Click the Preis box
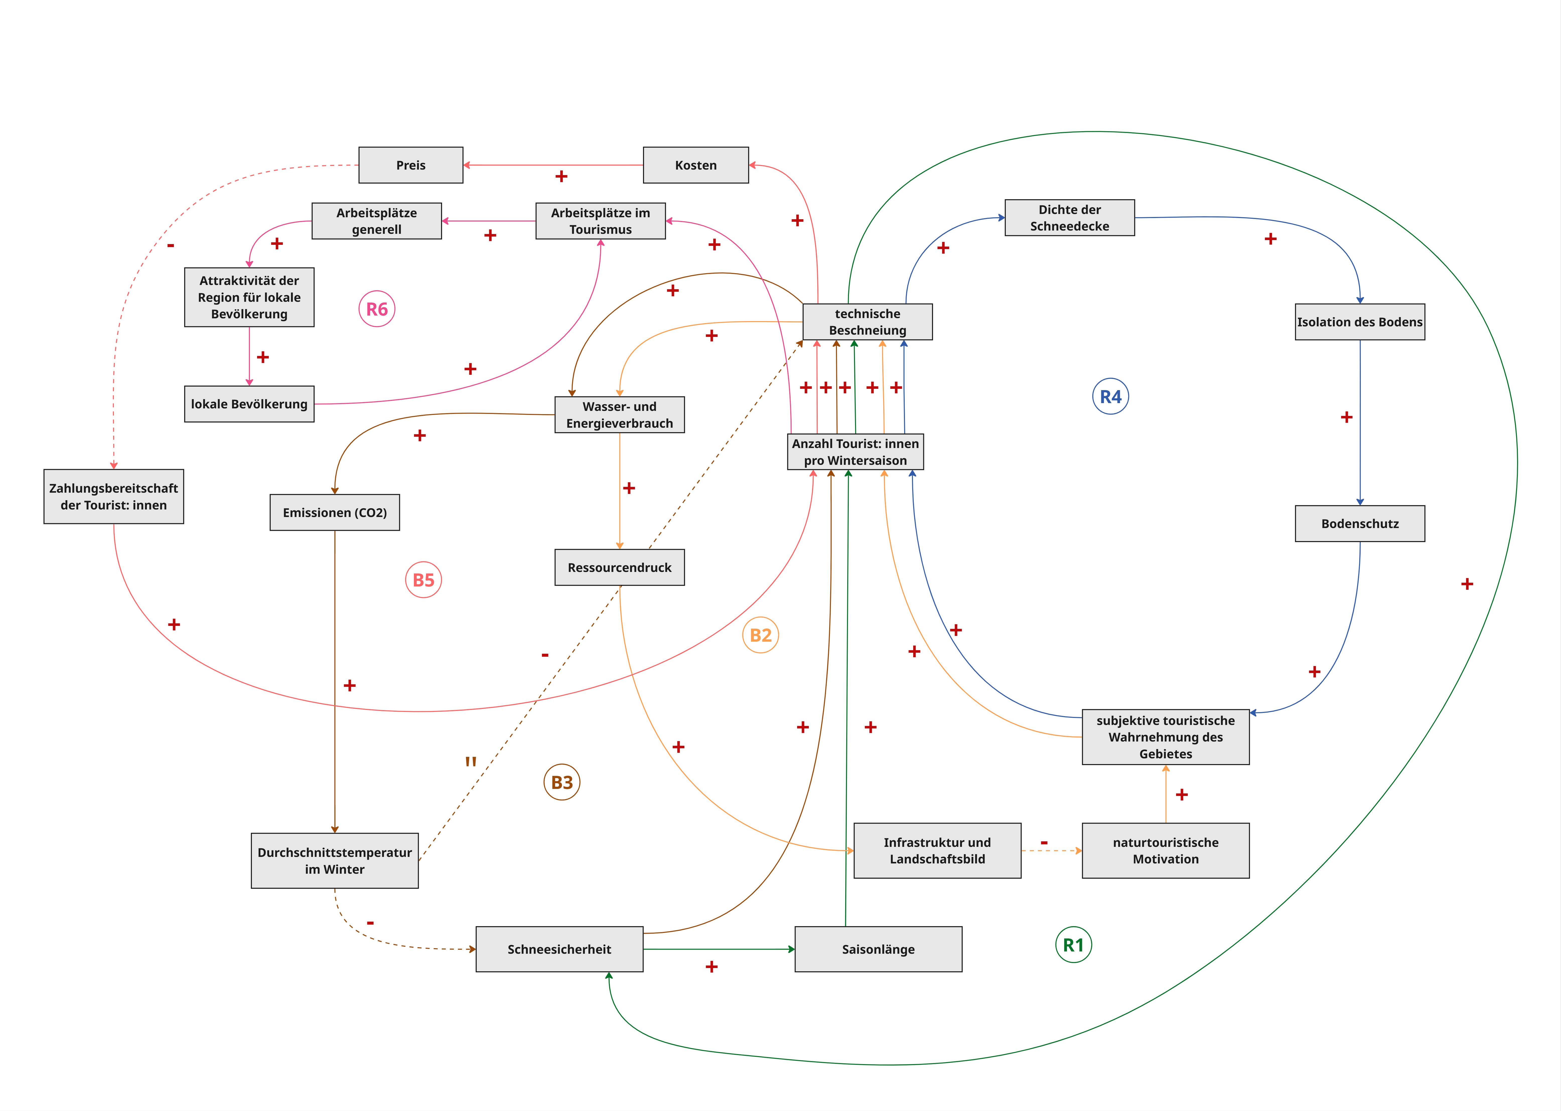[410, 165]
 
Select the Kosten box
[696, 165]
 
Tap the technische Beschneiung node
[867, 322]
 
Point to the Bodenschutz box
[1360, 523]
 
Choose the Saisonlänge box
[878, 949]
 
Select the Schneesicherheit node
[559, 949]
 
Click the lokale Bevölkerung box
[249, 404]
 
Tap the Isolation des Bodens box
[1360, 322]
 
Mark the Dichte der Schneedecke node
[1070, 217]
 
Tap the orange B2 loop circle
[761, 635]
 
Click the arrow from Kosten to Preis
[553, 165]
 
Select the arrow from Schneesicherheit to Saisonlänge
[719, 949]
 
